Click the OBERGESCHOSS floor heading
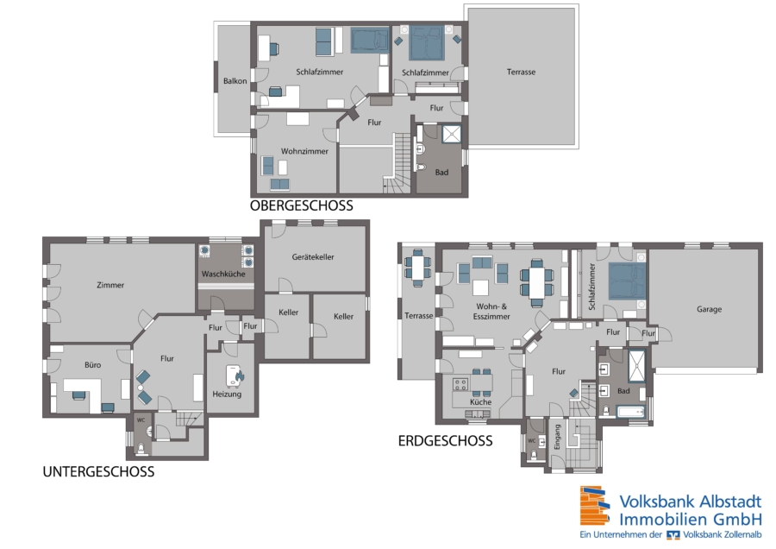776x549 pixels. pos(302,205)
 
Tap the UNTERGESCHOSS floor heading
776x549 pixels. pos(98,471)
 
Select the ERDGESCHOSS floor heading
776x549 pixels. pos(446,440)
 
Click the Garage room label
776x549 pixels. pos(710,309)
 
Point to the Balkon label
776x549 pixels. pos(235,81)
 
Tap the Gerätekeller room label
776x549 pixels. pos(313,256)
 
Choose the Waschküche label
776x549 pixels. pos(223,274)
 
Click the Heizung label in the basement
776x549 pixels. pos(227,394)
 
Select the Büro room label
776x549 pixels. pos(92,364)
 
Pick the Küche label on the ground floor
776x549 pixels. pos(480,402)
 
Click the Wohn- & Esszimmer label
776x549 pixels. pos(491,311)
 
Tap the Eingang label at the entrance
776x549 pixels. pos(557,437)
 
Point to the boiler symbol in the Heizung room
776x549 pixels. pos(235,376)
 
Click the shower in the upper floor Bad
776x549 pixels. pos(451,133)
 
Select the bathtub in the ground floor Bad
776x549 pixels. pos(630,412)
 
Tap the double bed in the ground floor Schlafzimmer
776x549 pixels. pos(627,281)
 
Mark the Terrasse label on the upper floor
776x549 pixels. pos(521,72)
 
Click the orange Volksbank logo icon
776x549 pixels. pos(594,506)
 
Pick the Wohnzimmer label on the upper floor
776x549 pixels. pos(304,151)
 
